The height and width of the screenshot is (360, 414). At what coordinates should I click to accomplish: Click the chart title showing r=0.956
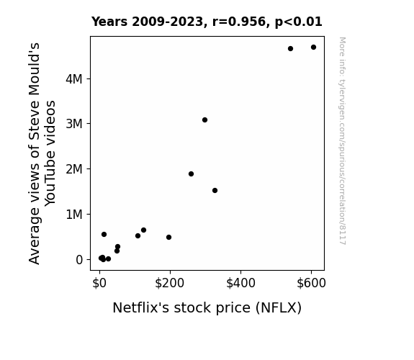(x=207, y=22)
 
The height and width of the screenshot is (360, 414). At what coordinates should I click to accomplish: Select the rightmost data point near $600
(x=313, y=48)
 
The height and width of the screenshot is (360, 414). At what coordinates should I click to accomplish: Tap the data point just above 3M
(x=204, y=120)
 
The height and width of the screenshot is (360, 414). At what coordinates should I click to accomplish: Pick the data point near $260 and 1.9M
(x=191, y=174)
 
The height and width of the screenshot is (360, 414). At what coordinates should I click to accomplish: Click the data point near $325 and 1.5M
(x=215, y=190)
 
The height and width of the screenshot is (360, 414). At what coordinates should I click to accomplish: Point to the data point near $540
(x=290, y=48)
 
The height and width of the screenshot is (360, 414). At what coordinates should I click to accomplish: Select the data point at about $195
(x=169, y=237)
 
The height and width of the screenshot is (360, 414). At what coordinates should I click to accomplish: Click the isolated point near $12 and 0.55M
(x=104, y=234)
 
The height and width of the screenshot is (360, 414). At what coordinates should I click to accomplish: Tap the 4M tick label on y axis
(x=74, y=79)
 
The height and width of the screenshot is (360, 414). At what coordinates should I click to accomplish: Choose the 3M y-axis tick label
(x=74, y=124)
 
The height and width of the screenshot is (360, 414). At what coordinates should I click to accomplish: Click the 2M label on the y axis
(x=74, y=169)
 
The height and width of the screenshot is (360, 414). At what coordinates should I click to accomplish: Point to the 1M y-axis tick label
(x=74, y=215)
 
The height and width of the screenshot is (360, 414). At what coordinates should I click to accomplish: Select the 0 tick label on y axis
(x=79, y=260)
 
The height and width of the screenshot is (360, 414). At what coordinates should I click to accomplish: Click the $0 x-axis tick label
(x=99, y=283)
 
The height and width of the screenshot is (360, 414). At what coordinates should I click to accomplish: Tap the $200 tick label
(x=169, y=283)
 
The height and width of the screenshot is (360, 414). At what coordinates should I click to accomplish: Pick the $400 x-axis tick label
(x=240, y=283)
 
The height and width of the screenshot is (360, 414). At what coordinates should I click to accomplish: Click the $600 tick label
(x=311, y=283)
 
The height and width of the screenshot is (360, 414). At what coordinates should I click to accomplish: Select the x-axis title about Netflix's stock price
(x=207, y=307)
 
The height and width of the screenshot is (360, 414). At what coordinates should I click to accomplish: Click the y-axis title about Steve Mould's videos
(x=42, y=153)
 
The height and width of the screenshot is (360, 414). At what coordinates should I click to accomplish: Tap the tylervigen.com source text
(x=342, y=141)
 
